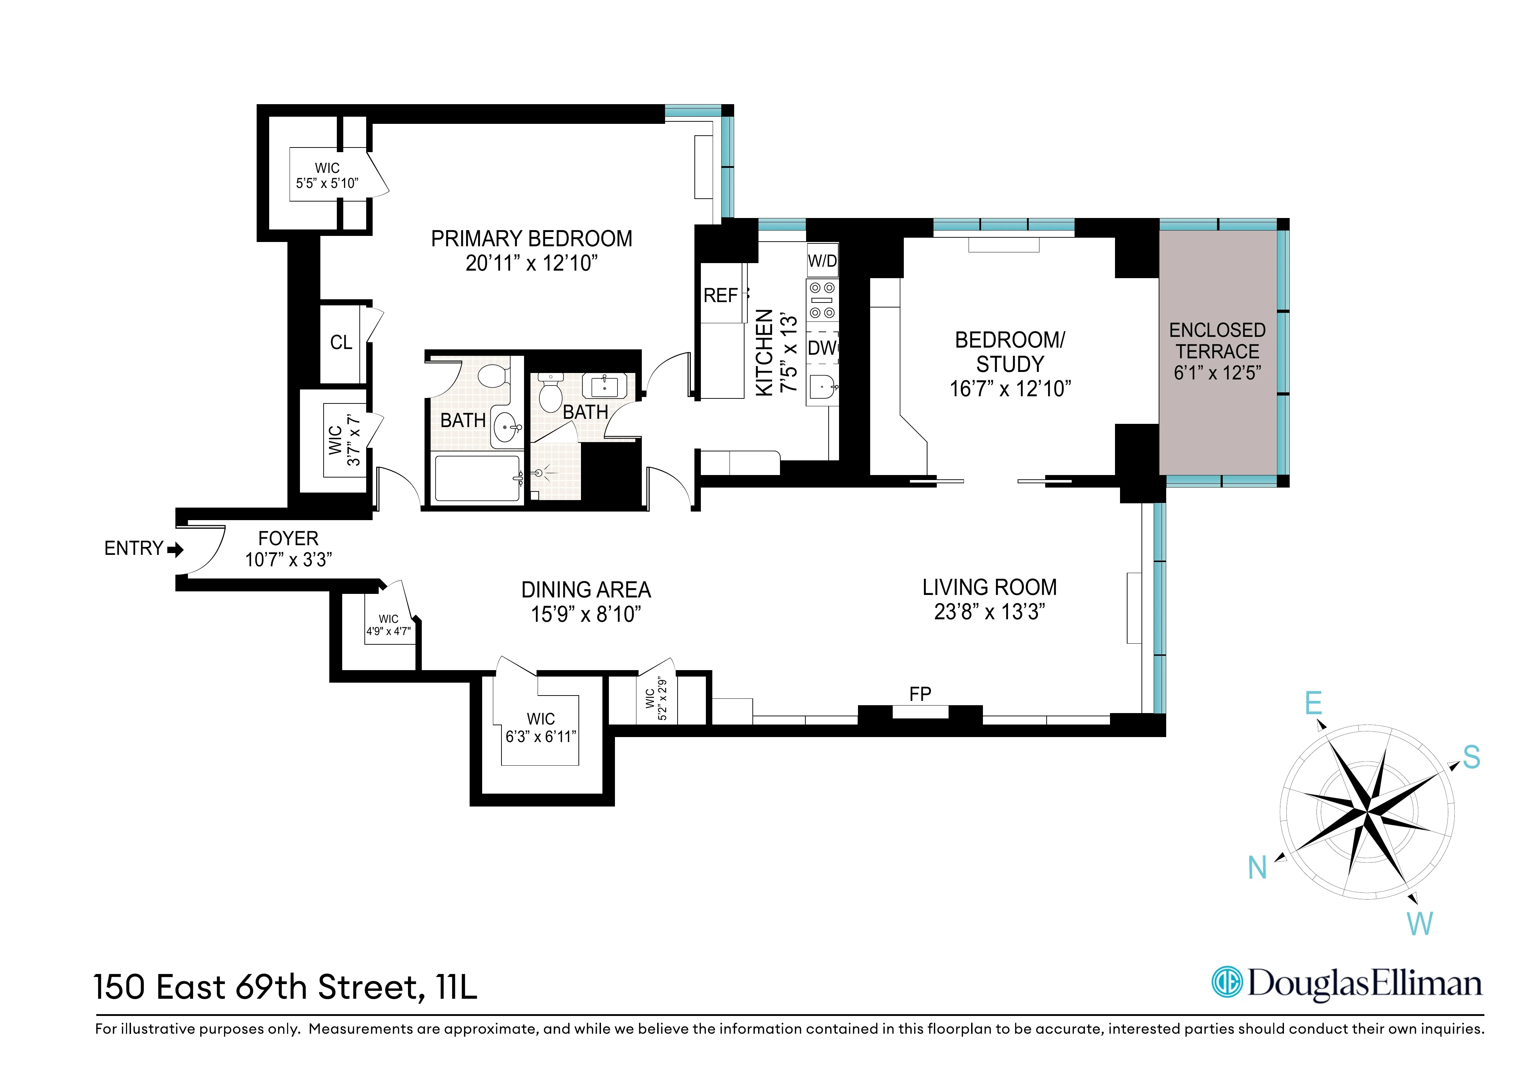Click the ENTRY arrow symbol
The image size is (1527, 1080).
click(176, 549)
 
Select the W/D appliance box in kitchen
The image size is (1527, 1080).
click(822, 261)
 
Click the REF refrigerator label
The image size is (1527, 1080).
click(720, 295)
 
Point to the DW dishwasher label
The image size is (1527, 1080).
click(822, 348)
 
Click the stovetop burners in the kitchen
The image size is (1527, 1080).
click(822, 301)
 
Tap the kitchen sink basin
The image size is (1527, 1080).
click(822, 386)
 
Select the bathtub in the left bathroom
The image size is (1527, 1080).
click(477, 478)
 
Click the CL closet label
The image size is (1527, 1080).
click(341, 343)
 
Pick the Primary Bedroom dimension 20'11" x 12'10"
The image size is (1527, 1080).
click(532, 263)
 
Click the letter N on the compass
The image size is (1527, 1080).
click(1257, 868)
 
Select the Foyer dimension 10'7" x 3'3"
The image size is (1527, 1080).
click(288, 560)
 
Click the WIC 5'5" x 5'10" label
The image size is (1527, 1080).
click(327, 175)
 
